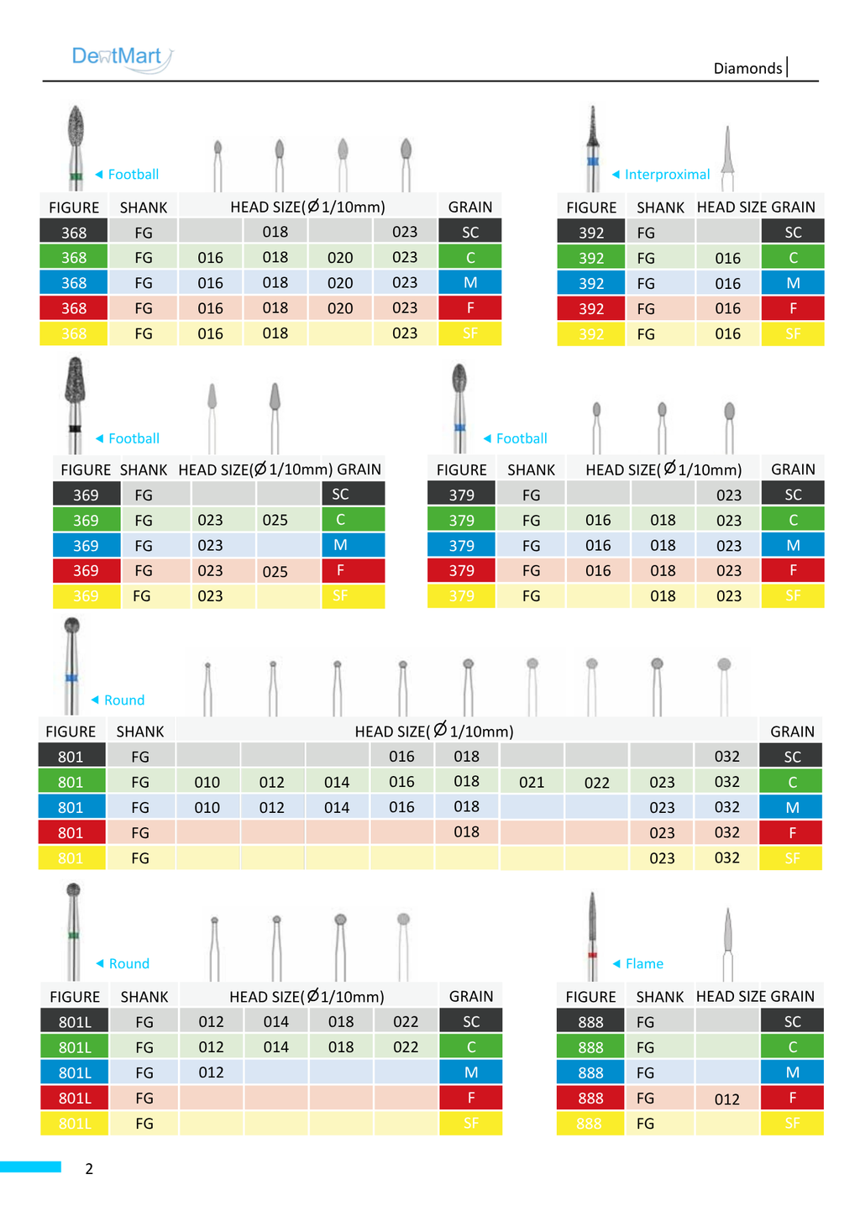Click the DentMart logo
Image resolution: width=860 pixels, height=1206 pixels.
coord(123,58)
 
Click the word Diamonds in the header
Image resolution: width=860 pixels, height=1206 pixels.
coord(747,68)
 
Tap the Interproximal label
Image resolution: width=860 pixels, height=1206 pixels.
coord(667,175)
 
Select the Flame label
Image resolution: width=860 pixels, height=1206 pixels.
coord(644,963)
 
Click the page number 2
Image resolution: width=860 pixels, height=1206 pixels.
coord(89,1168)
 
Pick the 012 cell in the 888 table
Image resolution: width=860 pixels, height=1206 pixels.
coord(727,1099)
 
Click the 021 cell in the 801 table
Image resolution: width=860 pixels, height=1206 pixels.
coord(532,782)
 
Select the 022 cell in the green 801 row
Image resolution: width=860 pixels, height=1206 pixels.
coord(596,782)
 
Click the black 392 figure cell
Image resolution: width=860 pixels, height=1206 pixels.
coord(590,233)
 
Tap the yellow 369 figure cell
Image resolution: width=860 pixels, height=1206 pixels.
coord(87,596)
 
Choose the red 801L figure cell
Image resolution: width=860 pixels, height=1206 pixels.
coord(74,1099)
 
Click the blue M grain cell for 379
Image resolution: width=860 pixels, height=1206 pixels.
coord(793,545)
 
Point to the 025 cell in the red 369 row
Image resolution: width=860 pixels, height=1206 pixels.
coord(275,571)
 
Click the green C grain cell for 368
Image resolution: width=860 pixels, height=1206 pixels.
coord(470,257)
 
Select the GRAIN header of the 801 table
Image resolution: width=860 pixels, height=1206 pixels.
coord(792,731)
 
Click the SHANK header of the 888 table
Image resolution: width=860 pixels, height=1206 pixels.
coord(659,997)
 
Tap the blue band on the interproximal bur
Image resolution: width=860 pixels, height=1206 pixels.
coord(593,161)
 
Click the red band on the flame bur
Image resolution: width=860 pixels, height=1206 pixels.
coord(592,955)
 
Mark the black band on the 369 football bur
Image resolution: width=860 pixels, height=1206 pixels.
coord(75,428)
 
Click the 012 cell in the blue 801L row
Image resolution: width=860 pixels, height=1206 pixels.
coord(211,1072)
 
